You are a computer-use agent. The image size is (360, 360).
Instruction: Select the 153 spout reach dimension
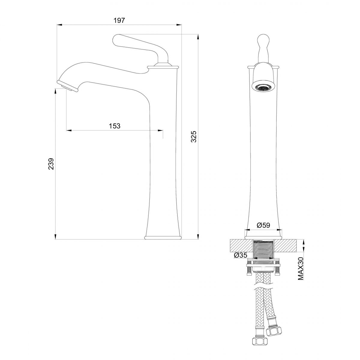[x=115, y=126]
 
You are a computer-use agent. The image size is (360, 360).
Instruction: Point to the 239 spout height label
[x=51, y=164]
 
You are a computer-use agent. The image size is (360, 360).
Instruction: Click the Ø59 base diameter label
[x=263, y=225]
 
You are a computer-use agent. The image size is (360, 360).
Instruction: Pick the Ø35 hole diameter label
[x=240, y=255]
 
